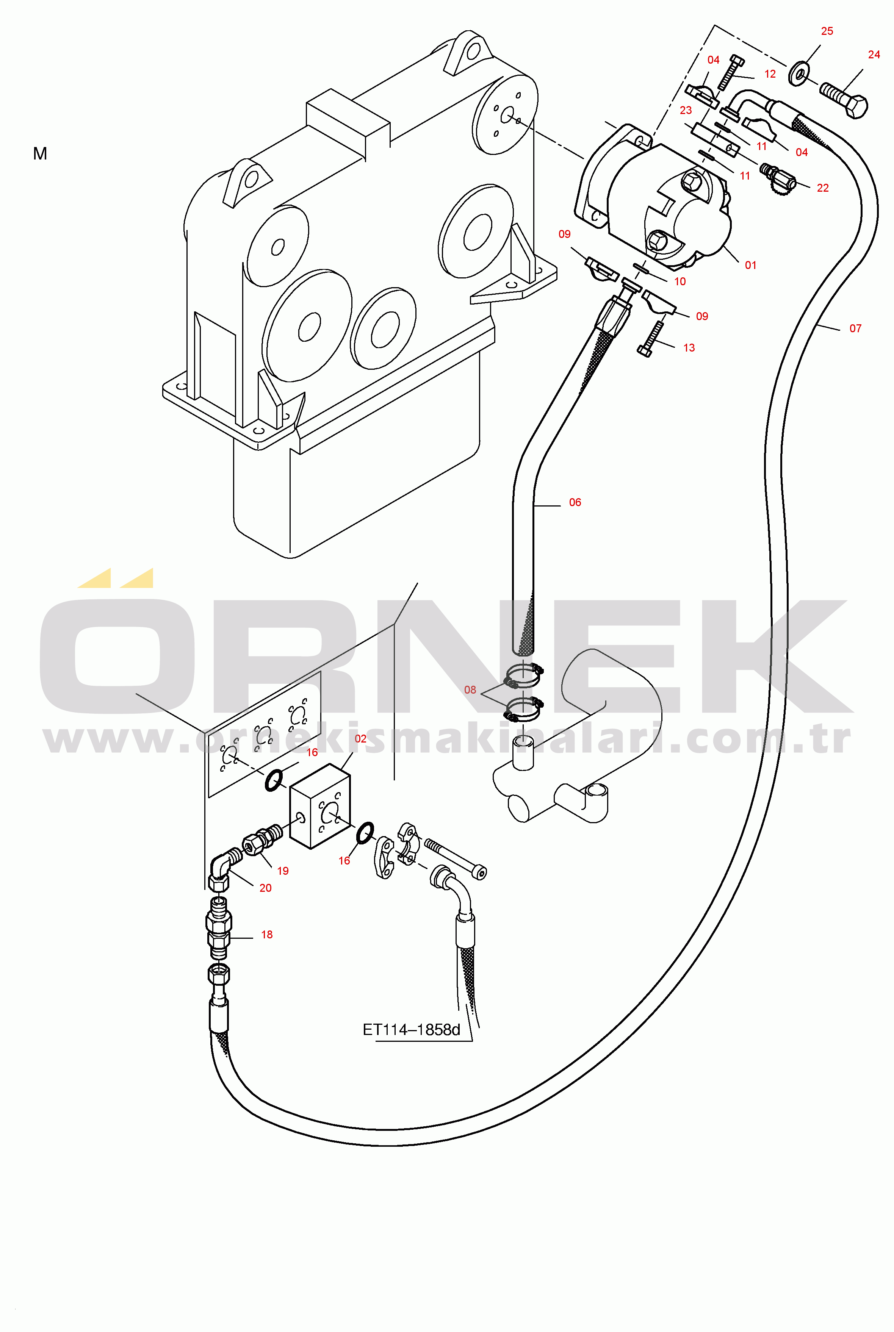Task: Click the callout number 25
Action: tap(827, 31)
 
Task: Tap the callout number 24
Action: tap(874, 55)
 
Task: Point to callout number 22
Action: tap(822, 188)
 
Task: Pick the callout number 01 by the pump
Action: tap(750, 265)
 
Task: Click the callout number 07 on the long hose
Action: tap(855, 328)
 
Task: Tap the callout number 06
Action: tap(575, 502)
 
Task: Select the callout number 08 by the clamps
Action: tap(470, 689)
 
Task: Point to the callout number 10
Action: tap(680, 281)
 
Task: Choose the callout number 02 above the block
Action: tap(360, 739)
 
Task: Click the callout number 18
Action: tap(267, 934)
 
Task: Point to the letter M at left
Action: tap(40, 153)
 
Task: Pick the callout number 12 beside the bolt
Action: tap(770, 74)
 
